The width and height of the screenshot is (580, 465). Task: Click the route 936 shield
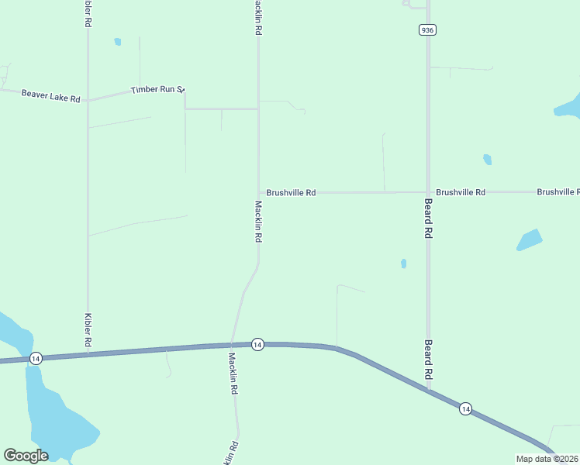pos(427,29)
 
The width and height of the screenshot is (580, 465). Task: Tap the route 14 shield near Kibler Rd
pos(36,358)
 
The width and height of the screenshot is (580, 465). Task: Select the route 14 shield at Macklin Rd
pos(258,343)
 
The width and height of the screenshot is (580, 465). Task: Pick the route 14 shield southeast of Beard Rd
pos(465,408)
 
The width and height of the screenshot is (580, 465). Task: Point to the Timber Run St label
pos(156,90)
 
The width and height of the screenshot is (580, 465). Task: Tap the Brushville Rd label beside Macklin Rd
pos(291,192)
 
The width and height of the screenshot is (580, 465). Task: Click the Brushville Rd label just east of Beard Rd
pos(461,191)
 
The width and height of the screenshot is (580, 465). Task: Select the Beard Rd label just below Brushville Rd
pos(428,221)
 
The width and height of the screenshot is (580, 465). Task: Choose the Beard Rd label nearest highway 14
pos(428,359)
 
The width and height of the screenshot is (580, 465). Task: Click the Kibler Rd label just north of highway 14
pos(88,330)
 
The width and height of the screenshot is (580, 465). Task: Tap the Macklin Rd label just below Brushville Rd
pos(258,222)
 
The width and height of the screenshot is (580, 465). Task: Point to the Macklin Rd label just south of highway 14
pos(232,374)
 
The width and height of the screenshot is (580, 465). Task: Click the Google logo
pos(26,456)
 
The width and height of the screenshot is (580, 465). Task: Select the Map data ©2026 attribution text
pos(547,459)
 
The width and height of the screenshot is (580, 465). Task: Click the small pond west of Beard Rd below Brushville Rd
pos(404,263)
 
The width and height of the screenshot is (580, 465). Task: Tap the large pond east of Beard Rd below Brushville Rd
pos(530,239)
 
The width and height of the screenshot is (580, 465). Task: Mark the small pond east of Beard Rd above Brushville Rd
pos(487,160)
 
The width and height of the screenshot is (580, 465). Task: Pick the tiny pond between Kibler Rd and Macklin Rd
pos(118,42)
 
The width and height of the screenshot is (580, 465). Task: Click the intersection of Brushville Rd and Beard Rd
pos(428,191)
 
